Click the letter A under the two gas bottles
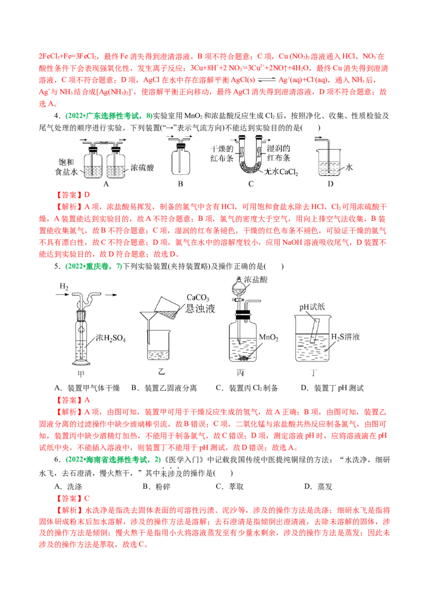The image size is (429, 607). pyautogui.click(x=106, y=183)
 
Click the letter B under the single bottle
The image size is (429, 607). pyautogui.click(x=181, y=183)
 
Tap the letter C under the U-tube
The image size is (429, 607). pyautogui.click(x=250, y=183)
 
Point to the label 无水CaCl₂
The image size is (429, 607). pyautogui.click(x=281, y=173)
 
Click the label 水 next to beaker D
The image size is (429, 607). pyautogui.click(x=349, y=167)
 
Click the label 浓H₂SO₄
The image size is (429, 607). pyautogui.click(x=111, y=338)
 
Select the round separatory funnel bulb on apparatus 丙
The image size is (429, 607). pyautogui.click(x=238, y=284)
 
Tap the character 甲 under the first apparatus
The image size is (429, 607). pyautogui.click(x=80, y=374)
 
